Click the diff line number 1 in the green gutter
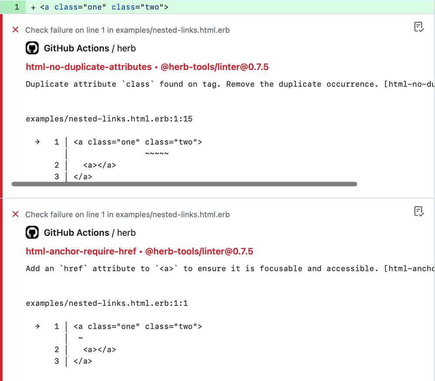(17, 7)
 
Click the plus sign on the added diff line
(33, 7)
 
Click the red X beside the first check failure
(16, 30)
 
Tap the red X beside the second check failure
(16, 214)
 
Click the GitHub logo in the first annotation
(32, 48)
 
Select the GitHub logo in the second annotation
(32, 232)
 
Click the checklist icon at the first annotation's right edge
(418, 27)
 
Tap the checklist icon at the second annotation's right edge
(418, 212)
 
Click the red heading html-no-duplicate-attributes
(89, 67)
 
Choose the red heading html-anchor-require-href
(81, 252)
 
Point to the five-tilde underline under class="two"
(157, 153)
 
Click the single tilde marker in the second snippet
(80, 338)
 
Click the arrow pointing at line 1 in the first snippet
(37, 142)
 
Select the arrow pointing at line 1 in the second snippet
(37, 326)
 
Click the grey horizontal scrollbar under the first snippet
(184, 184)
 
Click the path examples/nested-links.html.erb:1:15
(109, 119)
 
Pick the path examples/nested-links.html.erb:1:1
(107, 303)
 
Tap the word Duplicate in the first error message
(47, 84)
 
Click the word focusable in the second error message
(281, 268)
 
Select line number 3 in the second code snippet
(57, 361)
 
